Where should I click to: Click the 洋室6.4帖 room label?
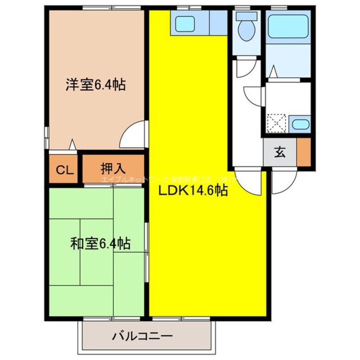95,84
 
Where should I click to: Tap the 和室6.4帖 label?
100,244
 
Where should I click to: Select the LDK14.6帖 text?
193,191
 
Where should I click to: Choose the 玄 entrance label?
280,152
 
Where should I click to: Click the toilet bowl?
246,31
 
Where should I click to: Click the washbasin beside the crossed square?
300,124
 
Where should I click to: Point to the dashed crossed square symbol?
277,124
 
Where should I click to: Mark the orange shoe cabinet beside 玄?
304,152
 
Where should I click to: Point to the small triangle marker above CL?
72,145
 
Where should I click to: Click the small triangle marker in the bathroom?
274,71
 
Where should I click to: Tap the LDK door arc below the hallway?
248,181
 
